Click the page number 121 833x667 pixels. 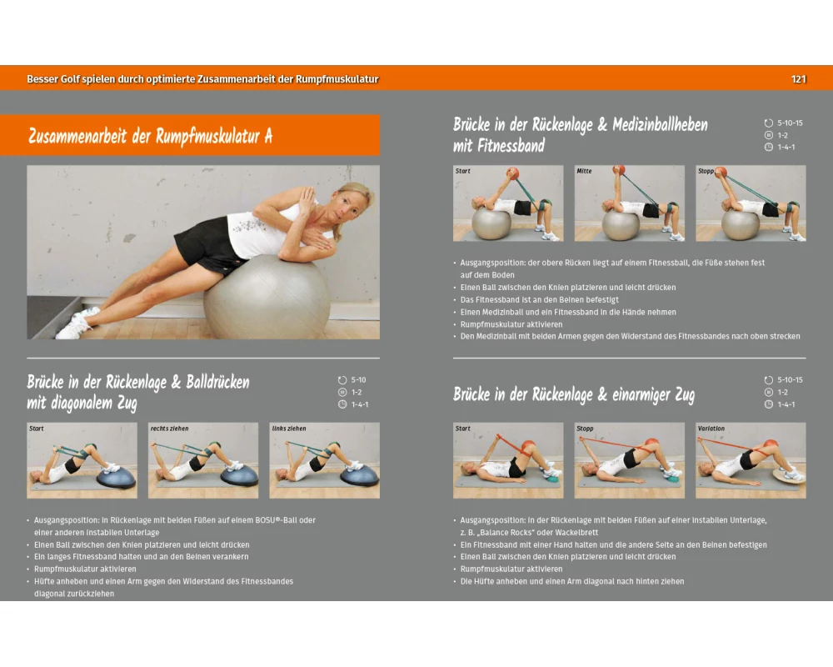pyautogui.click(x=799, y=79)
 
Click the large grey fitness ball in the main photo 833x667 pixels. pyautogui.click(x=267, y=297)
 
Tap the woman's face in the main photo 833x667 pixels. pyautogui.click(x=346, y=204)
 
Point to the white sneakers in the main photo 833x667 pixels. pyautogui.click(x=77, y=323)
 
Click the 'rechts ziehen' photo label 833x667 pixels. pyautogui.click(x=169, y=429)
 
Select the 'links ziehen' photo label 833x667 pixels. pyautogui.click(x=289, y=429)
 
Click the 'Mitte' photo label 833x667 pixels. pyautogui.click(x=585, y=171)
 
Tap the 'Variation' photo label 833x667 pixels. pyautogui.click(x=711, y=429)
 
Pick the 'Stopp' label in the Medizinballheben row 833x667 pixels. pyautogui.click(x=706, y=171)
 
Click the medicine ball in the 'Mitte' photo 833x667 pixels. pyautogui.click(x=620, y=170)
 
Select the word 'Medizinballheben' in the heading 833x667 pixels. pyautogui.click(x=661, y=125)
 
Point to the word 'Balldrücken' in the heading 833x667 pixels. pyautogui.click(x=217, y=383)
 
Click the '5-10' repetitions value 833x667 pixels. pyautogui.click(x=358, y=380)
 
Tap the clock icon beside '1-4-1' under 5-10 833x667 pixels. pyautogui.click(x=342, y=404)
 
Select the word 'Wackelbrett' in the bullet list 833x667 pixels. pyautogui.click(x=577, y=533)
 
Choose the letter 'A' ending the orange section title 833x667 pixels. pyautogui.click(x=268, y=136)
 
